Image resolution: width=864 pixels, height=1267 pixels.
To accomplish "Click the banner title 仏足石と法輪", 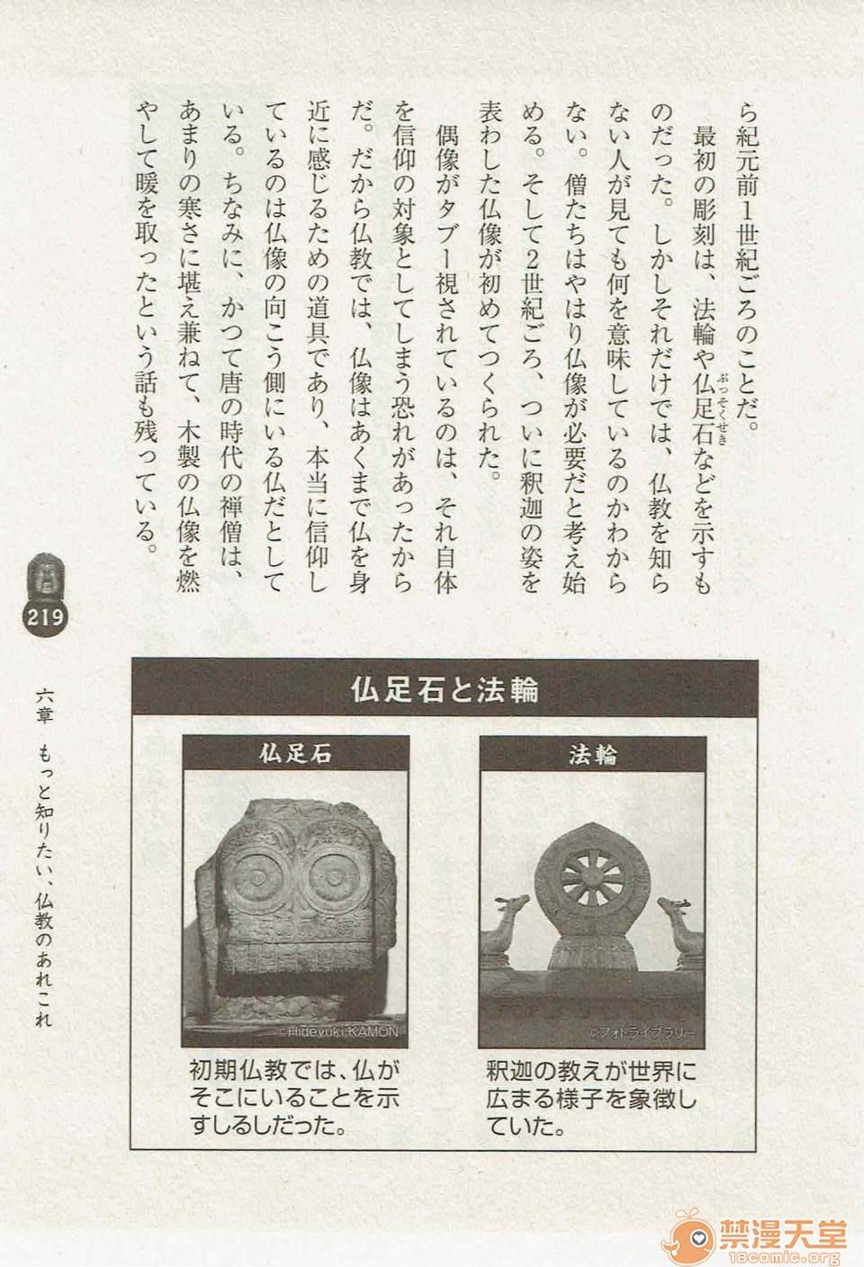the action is pyautogui.click(x=445, y=689).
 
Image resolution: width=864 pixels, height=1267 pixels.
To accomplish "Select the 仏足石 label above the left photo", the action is pyautogui.click(x=295, y=754).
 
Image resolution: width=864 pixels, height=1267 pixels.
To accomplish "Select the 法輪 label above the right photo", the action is pyautogui.click(x=592, y=755).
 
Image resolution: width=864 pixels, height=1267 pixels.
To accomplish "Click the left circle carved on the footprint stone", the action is pyautogui.click(x=258, y=877).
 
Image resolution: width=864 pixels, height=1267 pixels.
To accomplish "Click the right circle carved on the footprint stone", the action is pyautogui.click(x=335, y=877).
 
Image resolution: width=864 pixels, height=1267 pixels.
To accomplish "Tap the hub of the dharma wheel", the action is pyautogui.click(x=592, y=878).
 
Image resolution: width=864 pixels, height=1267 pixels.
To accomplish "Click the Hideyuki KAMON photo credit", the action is pyautogui.click(x=338, y=1032).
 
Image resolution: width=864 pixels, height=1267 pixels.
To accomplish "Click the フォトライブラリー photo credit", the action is pyautogui.click(x=643, y=1032).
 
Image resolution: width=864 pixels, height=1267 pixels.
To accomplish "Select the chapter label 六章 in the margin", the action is pyautogui.click(x=44, y=707).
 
